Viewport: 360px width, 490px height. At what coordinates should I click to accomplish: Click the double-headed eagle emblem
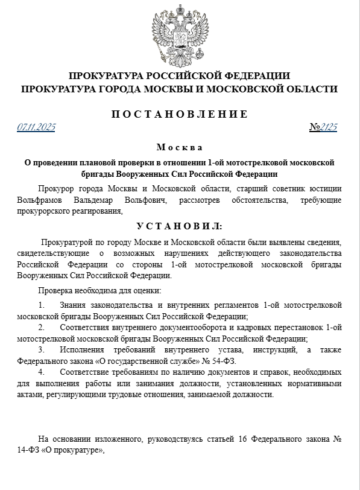tap(179, 34)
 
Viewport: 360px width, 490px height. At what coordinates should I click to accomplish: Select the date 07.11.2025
tap(36, 127)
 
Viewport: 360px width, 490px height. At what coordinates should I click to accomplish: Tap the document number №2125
tap(323, 127)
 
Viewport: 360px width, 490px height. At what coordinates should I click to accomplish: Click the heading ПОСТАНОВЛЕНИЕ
tap(179, 113)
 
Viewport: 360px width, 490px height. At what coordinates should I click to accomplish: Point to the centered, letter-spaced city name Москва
tap(179, 147)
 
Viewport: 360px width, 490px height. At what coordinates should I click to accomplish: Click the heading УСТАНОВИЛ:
tap(179, 226)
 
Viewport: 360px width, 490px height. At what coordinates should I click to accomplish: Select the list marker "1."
tap(41, 305)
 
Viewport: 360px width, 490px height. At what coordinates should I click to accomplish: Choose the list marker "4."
tap(41, 372)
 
